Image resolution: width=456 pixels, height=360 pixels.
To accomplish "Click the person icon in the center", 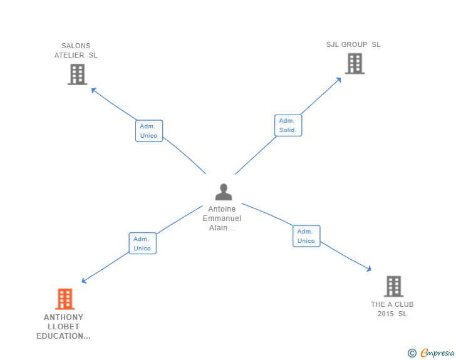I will point(223,192).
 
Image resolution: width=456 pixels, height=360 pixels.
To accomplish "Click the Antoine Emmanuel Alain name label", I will point(222,219).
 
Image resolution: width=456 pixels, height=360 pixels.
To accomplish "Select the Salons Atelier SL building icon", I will point(77,75).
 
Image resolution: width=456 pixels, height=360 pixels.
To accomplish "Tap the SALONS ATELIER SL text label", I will point(76,50).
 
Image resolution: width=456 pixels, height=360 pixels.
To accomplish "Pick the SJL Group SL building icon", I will point(355,63).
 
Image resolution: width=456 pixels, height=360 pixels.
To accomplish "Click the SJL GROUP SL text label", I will point(353,44).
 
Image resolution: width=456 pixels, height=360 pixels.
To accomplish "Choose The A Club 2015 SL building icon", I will point(393,286).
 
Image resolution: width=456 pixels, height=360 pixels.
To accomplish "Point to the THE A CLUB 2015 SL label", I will point(392,309).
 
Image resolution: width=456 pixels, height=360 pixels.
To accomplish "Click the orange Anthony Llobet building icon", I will point(65,299).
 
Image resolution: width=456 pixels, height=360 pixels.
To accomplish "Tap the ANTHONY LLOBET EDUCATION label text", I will point(63,327).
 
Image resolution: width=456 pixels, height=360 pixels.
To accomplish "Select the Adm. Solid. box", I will point(288,125).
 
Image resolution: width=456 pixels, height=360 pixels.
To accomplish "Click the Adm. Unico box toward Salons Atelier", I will point(149,131).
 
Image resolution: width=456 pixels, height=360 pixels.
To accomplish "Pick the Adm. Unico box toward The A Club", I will point(306,236).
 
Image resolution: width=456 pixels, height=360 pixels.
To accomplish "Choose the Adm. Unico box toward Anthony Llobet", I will point(142,244).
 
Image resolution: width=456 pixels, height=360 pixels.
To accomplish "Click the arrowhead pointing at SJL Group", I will point(338,80).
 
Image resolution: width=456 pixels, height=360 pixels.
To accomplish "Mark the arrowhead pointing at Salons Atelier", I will point(94,90).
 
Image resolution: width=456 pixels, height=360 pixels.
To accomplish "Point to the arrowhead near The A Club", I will point(369,269).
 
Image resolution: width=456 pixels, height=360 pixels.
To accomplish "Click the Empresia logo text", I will point(437,353).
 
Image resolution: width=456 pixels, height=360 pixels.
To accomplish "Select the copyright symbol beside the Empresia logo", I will point(412,353).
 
